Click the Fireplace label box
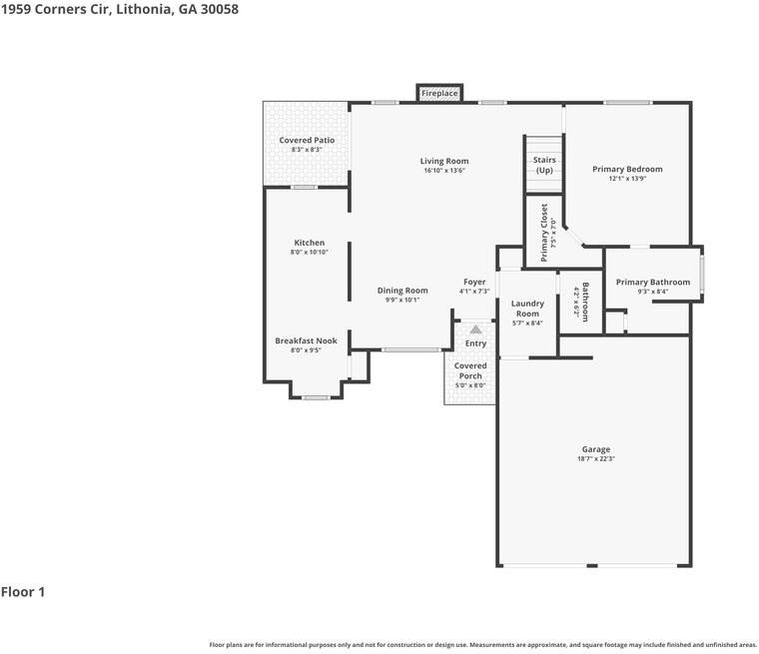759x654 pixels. pyautogui.click(x=439, y=93)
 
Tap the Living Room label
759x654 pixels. pyautogui.click(x=444, y=161)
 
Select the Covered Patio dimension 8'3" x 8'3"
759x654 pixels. pyautogui.click(x=307, y=150)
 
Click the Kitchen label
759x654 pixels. pyautogui.click(x=310, y=243)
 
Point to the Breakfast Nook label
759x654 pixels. pyautogui.click(x=306, y=340)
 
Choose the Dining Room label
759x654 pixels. pyautogui.click(x=402, y=291)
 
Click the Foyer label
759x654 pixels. pyautogui.click(x=474, y=282)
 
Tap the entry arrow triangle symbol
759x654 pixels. pyautogui.click(x=475, y=329)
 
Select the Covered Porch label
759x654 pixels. pyautogui.click(x=470, y=370)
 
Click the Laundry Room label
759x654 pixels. pyautogui.click(x=527, y=309)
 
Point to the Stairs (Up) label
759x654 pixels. pyautogui.click(x=544, y=165)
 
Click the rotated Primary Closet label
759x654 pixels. pyautogui.click(x=544, y=233)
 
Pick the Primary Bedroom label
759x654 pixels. pyautogui.click(x=628, y=169)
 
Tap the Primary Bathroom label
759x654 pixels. pyautogui.click(x=653, y=283)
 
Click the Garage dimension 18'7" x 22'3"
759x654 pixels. pyautogui.click(x=596, y=459)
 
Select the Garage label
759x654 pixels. pyautogui.click(x=596, y=449)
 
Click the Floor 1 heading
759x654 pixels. pyautogui.click(x=23, y=592)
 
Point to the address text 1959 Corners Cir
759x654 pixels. pyautogui.click(x=56, y=9)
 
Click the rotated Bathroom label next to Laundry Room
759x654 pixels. pyautogui.click(x=585, y=303)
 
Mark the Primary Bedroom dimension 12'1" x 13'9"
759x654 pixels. pyautogui.click(x=628, y=179)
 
